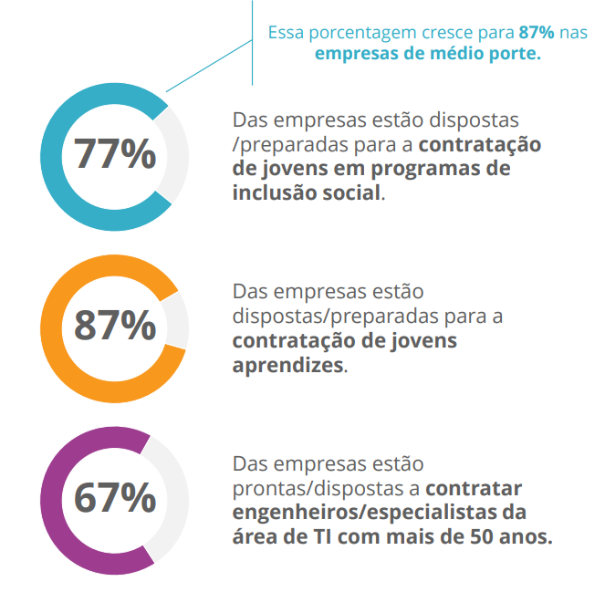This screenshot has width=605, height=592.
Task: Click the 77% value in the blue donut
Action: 115,156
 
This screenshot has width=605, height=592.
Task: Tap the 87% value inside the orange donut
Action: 115,326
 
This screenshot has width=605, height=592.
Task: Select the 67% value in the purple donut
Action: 115,497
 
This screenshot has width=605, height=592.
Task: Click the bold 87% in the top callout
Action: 537,32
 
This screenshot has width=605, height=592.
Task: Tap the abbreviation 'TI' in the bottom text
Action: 321,535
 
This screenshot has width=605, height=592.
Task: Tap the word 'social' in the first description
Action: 349,192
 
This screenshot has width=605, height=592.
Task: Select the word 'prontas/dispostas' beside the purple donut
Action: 302,488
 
